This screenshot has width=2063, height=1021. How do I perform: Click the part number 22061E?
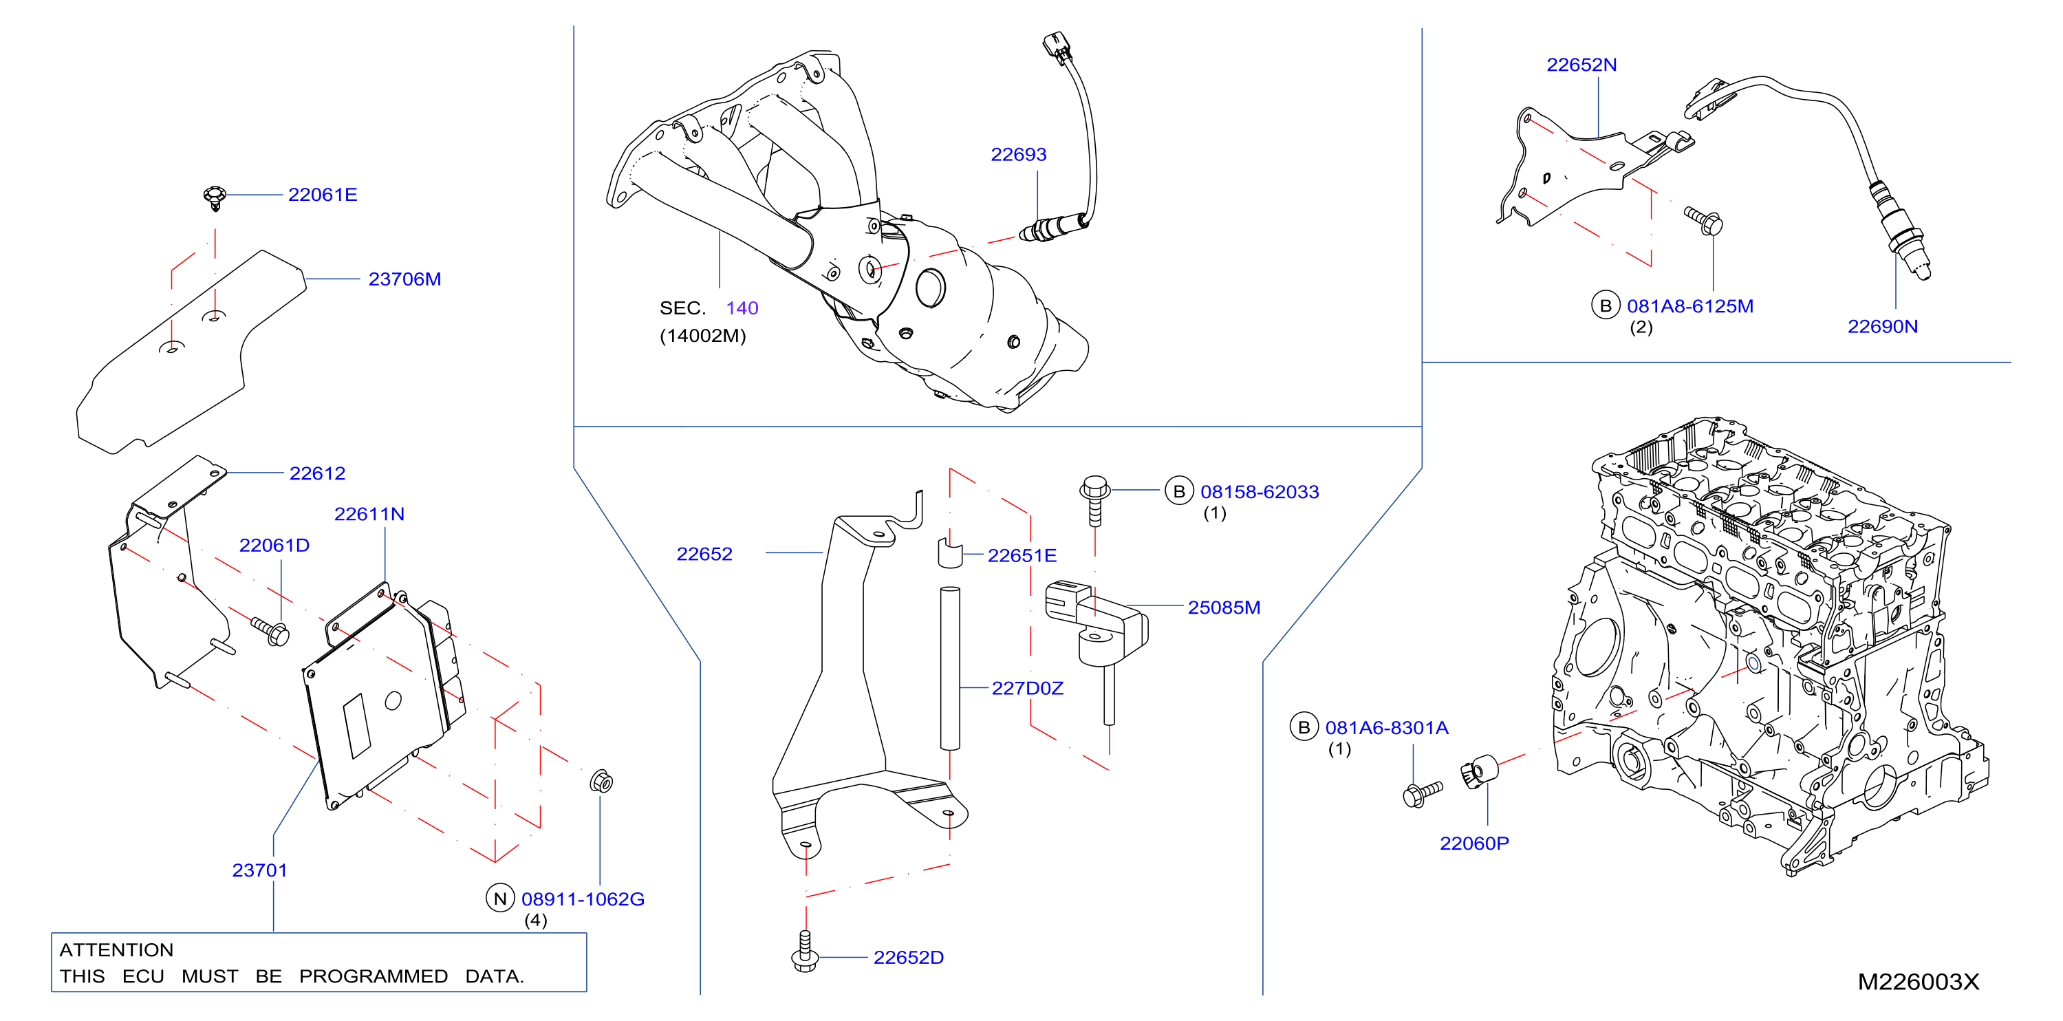pyautogui.click(x=323, y=195)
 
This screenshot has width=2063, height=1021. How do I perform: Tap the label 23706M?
pyautogui.click(x=404, y=279)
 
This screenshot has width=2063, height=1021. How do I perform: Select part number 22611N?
pyautogui.click(x=369, y=514)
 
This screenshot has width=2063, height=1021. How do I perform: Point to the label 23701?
pyautogui.click(x=259, y=870)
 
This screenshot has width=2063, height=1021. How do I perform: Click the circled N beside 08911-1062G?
pyautogui.click(x=499, y=899)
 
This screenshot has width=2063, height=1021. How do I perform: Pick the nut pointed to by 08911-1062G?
pyautogui.click(x=601, y=781)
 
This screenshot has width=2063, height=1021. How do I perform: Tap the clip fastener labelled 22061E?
pyautogui.click(x=215, y=197)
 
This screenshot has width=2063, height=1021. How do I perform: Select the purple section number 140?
pyautogui.click(x=742, y=308)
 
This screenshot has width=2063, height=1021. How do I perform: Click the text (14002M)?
pyautogui.click(x=702, y=336)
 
